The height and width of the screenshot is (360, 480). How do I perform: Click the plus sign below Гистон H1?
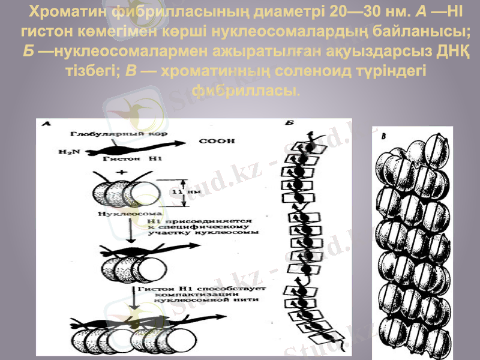124,172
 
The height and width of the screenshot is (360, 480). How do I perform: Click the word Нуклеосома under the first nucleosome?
124,214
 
